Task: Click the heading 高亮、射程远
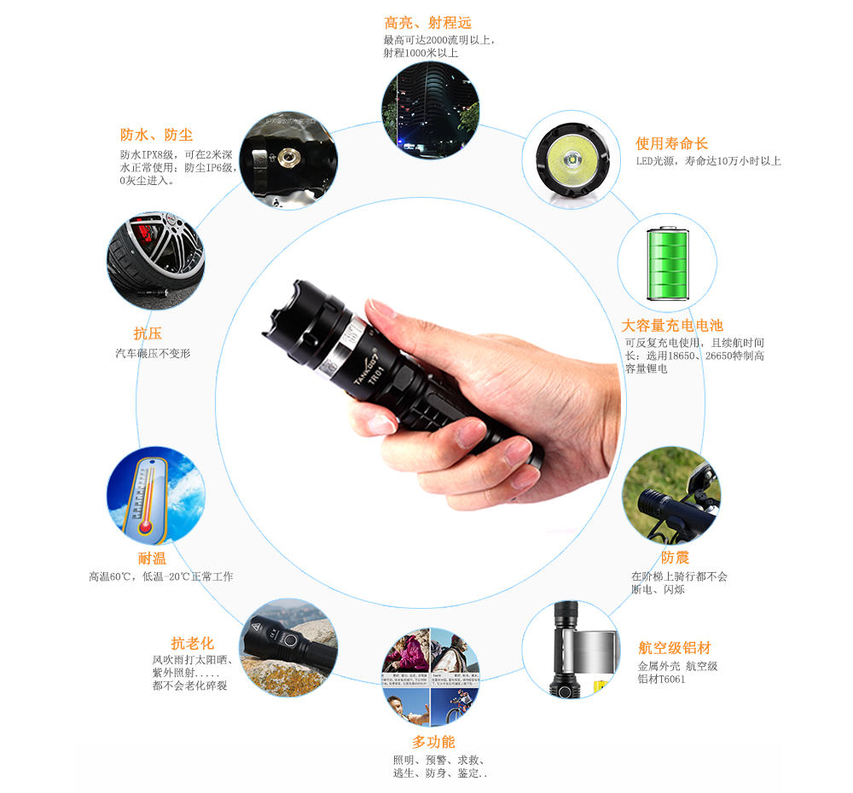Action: pos(427,23)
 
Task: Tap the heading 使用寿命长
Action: pos(671,143)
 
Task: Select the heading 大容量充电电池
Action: pos(671,325)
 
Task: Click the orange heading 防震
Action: pos(675,557)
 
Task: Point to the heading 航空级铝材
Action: pos(674,648)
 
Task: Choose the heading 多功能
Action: pos(433,742)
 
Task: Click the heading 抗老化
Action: pos(192,643)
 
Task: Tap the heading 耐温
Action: pos(152,559)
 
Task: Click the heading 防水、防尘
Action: pos(156,135)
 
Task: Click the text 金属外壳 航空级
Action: pos(677,666)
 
